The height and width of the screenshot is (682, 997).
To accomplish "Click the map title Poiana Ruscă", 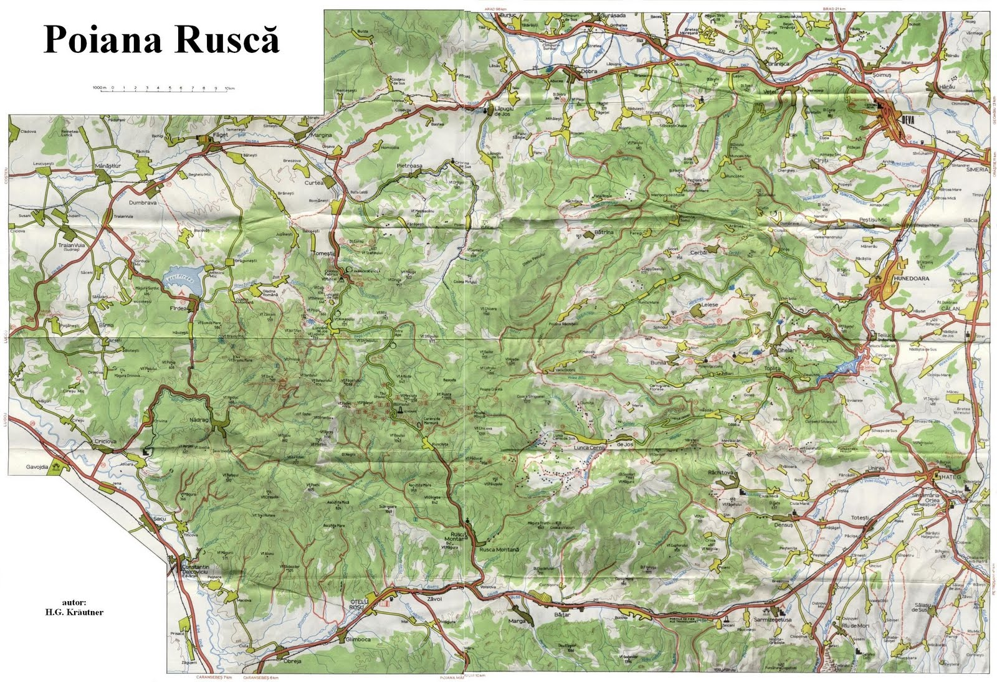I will pos(161,39).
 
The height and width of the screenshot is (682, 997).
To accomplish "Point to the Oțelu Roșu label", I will pos(358,604).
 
